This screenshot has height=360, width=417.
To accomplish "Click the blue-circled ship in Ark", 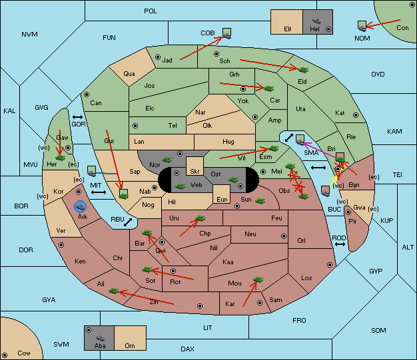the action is click(80, 206).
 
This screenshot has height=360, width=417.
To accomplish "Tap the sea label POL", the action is click(151, 11).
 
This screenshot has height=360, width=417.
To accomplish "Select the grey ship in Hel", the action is click(316, 21).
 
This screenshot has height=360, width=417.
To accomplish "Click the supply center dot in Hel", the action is click(328, 29).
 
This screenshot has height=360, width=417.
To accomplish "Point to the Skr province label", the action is click(195, 172).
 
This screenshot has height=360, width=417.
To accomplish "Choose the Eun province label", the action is click(222, 199).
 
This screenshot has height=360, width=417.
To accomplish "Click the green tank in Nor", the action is click(167, 160).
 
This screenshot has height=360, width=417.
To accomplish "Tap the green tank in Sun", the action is click(260, 201).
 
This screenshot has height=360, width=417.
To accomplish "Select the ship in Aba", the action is click(100, 338).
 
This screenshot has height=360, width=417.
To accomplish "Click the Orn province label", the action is click(130, 345).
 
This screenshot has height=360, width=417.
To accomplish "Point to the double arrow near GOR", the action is click(77, 117).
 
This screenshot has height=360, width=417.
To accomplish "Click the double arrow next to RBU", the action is click(128, 222).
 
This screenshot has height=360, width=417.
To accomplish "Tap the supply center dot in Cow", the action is click(5, 355).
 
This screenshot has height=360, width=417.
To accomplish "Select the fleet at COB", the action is click(227, 34).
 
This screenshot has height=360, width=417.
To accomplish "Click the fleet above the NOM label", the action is click(362, 26).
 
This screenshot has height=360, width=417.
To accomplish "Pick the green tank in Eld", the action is click(303, 70).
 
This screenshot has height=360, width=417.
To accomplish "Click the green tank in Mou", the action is click(258, 279).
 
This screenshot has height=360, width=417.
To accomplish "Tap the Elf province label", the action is click(288, 29).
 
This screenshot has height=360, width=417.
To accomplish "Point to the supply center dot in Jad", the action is click(158, 57).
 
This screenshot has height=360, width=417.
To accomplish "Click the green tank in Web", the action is click(181, 186).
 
